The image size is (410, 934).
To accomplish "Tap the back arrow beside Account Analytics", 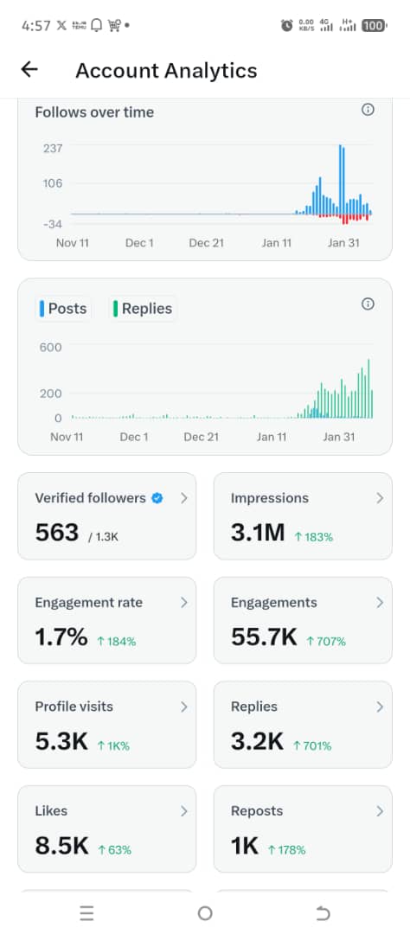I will coord(29,70).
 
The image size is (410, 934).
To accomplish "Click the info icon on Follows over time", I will coord(368,110).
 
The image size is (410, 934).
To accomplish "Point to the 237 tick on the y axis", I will coord(53,149).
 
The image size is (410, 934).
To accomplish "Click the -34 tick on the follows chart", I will coord(53,224).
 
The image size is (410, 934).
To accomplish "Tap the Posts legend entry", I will coord(63,309).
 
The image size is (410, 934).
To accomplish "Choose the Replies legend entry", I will coord(143,309).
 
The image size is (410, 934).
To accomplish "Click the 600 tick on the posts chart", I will coord(51,348).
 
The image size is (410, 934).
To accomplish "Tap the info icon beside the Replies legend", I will coord(368,304).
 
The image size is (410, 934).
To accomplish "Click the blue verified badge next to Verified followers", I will coord(157,498).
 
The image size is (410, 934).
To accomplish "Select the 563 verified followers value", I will coord(57,533).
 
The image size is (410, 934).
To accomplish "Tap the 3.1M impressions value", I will coord(257,533).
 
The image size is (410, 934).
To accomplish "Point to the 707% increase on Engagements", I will coord(326,642).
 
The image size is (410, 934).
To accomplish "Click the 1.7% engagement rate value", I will coord(61,637).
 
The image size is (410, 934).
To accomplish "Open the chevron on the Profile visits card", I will coord(183,707).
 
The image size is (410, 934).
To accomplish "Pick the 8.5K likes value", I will coord(61,846).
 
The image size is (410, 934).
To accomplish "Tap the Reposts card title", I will coord(257,811).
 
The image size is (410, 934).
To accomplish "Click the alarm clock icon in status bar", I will coord(286,26).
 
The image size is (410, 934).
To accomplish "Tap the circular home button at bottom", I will coord(205,913).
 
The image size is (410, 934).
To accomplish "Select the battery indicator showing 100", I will coord(374,26).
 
